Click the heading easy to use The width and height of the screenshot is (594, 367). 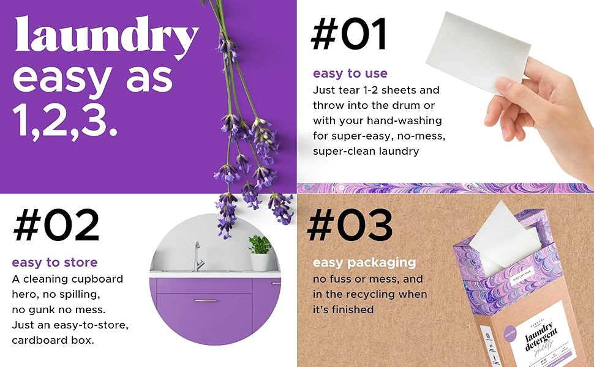click(x=350, y=73)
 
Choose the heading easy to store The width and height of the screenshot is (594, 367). click(x=55, y=263)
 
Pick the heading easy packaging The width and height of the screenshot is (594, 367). click(x=364, y=263)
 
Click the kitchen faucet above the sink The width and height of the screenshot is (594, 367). click(x=197, y=256)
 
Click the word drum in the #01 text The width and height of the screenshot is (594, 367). click(x=407, y=105)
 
